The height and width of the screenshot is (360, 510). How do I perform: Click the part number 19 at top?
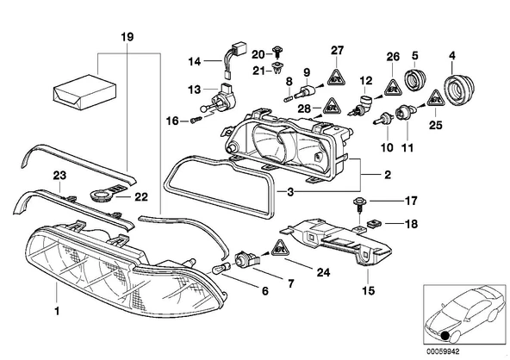(127, 37)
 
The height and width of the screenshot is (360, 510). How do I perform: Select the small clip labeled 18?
(374, 224)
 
